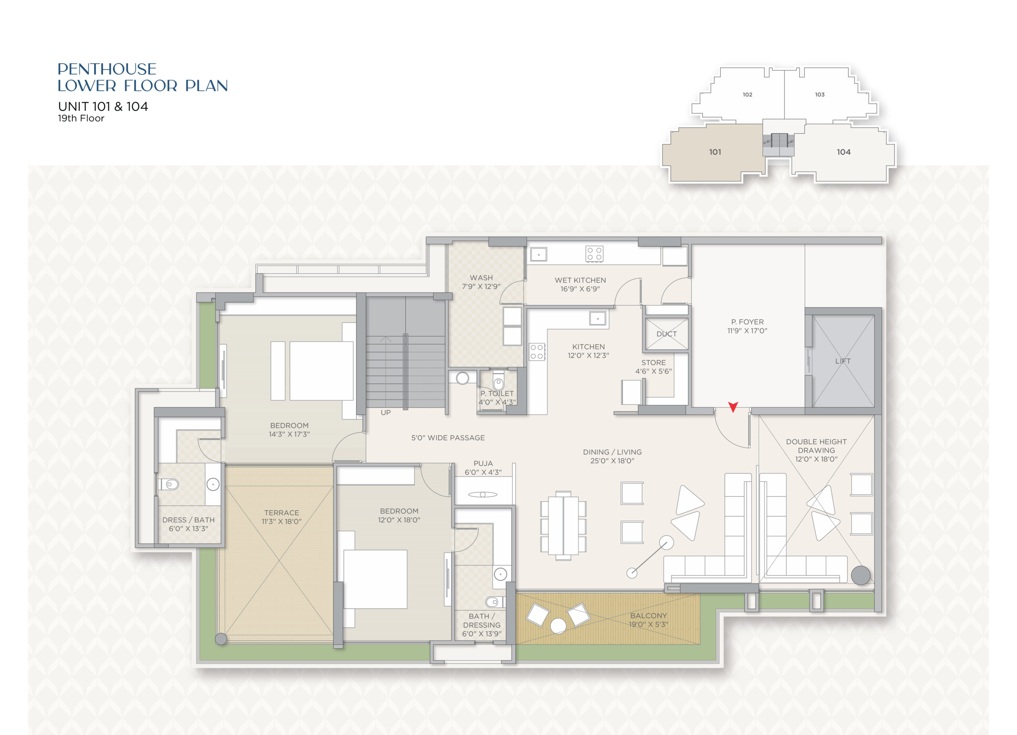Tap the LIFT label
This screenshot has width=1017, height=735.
point(843,361)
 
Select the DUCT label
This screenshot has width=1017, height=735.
point(666,334)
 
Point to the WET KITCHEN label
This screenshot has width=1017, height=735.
point(580,280)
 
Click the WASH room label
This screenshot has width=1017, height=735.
point(481,278)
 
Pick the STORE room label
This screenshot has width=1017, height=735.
point(654,363)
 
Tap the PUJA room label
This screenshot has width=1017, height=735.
point(483,463)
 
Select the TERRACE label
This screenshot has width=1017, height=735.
point(282,512)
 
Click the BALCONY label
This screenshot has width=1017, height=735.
point(648,616)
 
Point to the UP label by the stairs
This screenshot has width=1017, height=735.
point(386,412)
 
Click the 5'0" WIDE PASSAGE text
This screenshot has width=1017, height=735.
point(448,438)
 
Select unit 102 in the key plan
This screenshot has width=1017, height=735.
point(747,95)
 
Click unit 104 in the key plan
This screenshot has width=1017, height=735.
point(843,152)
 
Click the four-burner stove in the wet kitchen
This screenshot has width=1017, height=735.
point(594,254)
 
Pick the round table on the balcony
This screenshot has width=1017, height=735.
point(558,626)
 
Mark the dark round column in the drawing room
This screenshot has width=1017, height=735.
point(860,575)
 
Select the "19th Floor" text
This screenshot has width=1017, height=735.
point(81,118)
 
